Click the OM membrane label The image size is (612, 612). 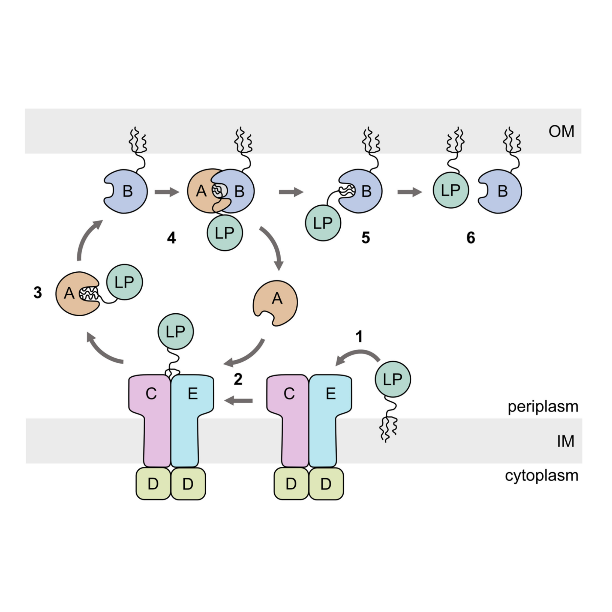[x=561, y=131]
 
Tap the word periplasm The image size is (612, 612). [x=543, y=406]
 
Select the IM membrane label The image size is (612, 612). [x=565, y=441]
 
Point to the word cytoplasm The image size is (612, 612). [x=542, y=475]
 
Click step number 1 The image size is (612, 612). [x=359, y=337]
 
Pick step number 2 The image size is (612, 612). [x=238, y=379]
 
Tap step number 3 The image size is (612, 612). [x=38, y=293]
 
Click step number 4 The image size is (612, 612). [x=171, y=238]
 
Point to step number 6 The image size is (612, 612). [x=471, y=238]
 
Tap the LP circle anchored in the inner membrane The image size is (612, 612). [x=393, y=379]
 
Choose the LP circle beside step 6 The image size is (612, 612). [x=451, y=190]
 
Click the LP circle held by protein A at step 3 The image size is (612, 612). [x=124, y=282]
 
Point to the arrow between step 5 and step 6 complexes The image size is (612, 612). [x=410, y=192]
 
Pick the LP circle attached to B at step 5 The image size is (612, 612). [x=323, y=223]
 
